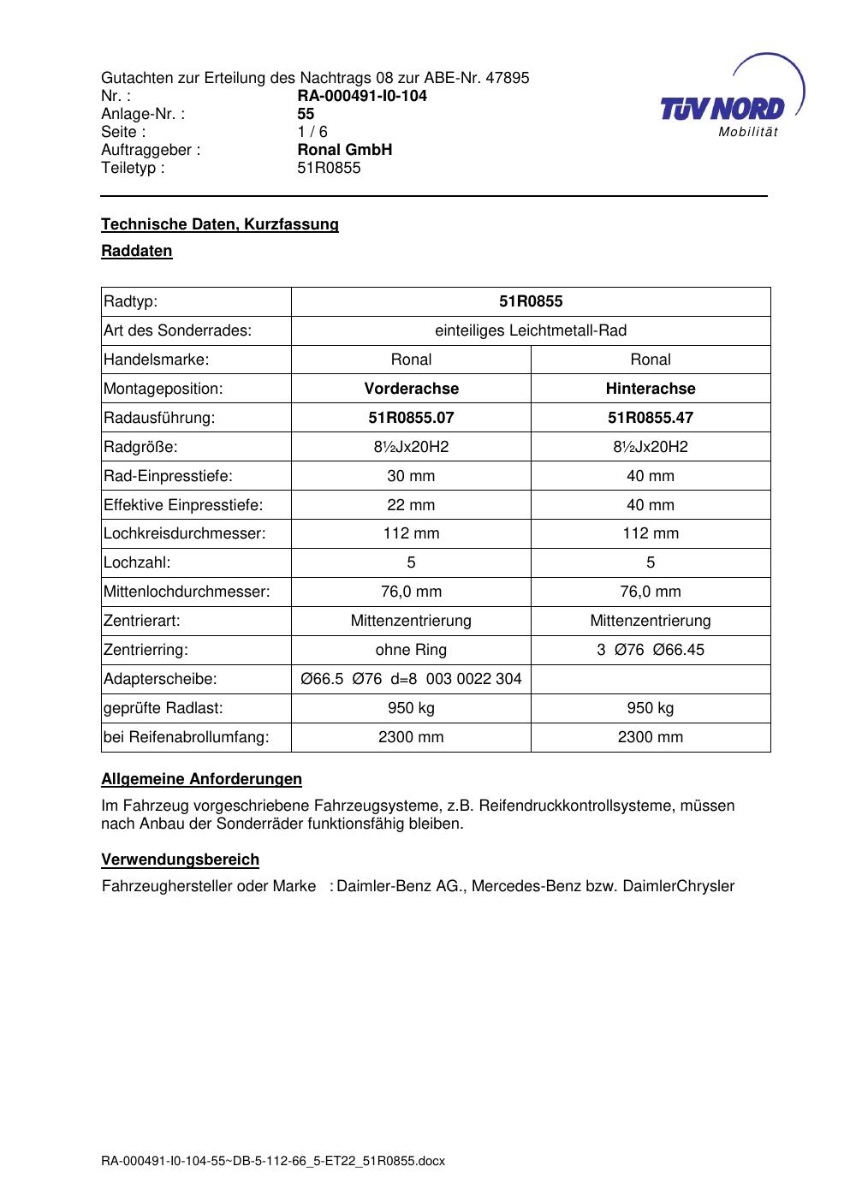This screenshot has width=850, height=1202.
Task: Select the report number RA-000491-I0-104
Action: click(361, 96)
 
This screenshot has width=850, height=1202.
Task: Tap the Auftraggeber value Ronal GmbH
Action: click(344, 150)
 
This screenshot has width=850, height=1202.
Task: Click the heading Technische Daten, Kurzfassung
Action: click(220, 224)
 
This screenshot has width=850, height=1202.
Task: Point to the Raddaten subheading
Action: click(137, 251)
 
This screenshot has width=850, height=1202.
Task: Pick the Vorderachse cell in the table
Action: click(411, 389)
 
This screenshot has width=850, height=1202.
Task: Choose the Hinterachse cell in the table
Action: click(651, 389)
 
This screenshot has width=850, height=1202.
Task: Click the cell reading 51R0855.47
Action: click(651, 418)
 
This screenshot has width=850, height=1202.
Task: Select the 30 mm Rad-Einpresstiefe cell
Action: click(411, 476)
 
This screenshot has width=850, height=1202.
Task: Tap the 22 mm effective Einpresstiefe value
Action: click(411, 505)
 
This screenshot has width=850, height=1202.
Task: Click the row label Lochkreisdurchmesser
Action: click(185, 533)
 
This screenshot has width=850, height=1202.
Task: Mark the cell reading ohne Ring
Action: click(411, 650)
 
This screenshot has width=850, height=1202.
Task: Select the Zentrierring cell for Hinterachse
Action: click(651, 650)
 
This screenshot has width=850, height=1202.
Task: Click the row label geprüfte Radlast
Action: click(163, 708)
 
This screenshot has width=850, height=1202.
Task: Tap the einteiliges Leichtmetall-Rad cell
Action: click(531, 330)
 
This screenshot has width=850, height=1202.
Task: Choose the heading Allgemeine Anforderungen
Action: click(201, 779)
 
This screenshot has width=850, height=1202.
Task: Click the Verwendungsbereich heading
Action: click(180, 860)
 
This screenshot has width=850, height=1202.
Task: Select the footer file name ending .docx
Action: click(273, 1162)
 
